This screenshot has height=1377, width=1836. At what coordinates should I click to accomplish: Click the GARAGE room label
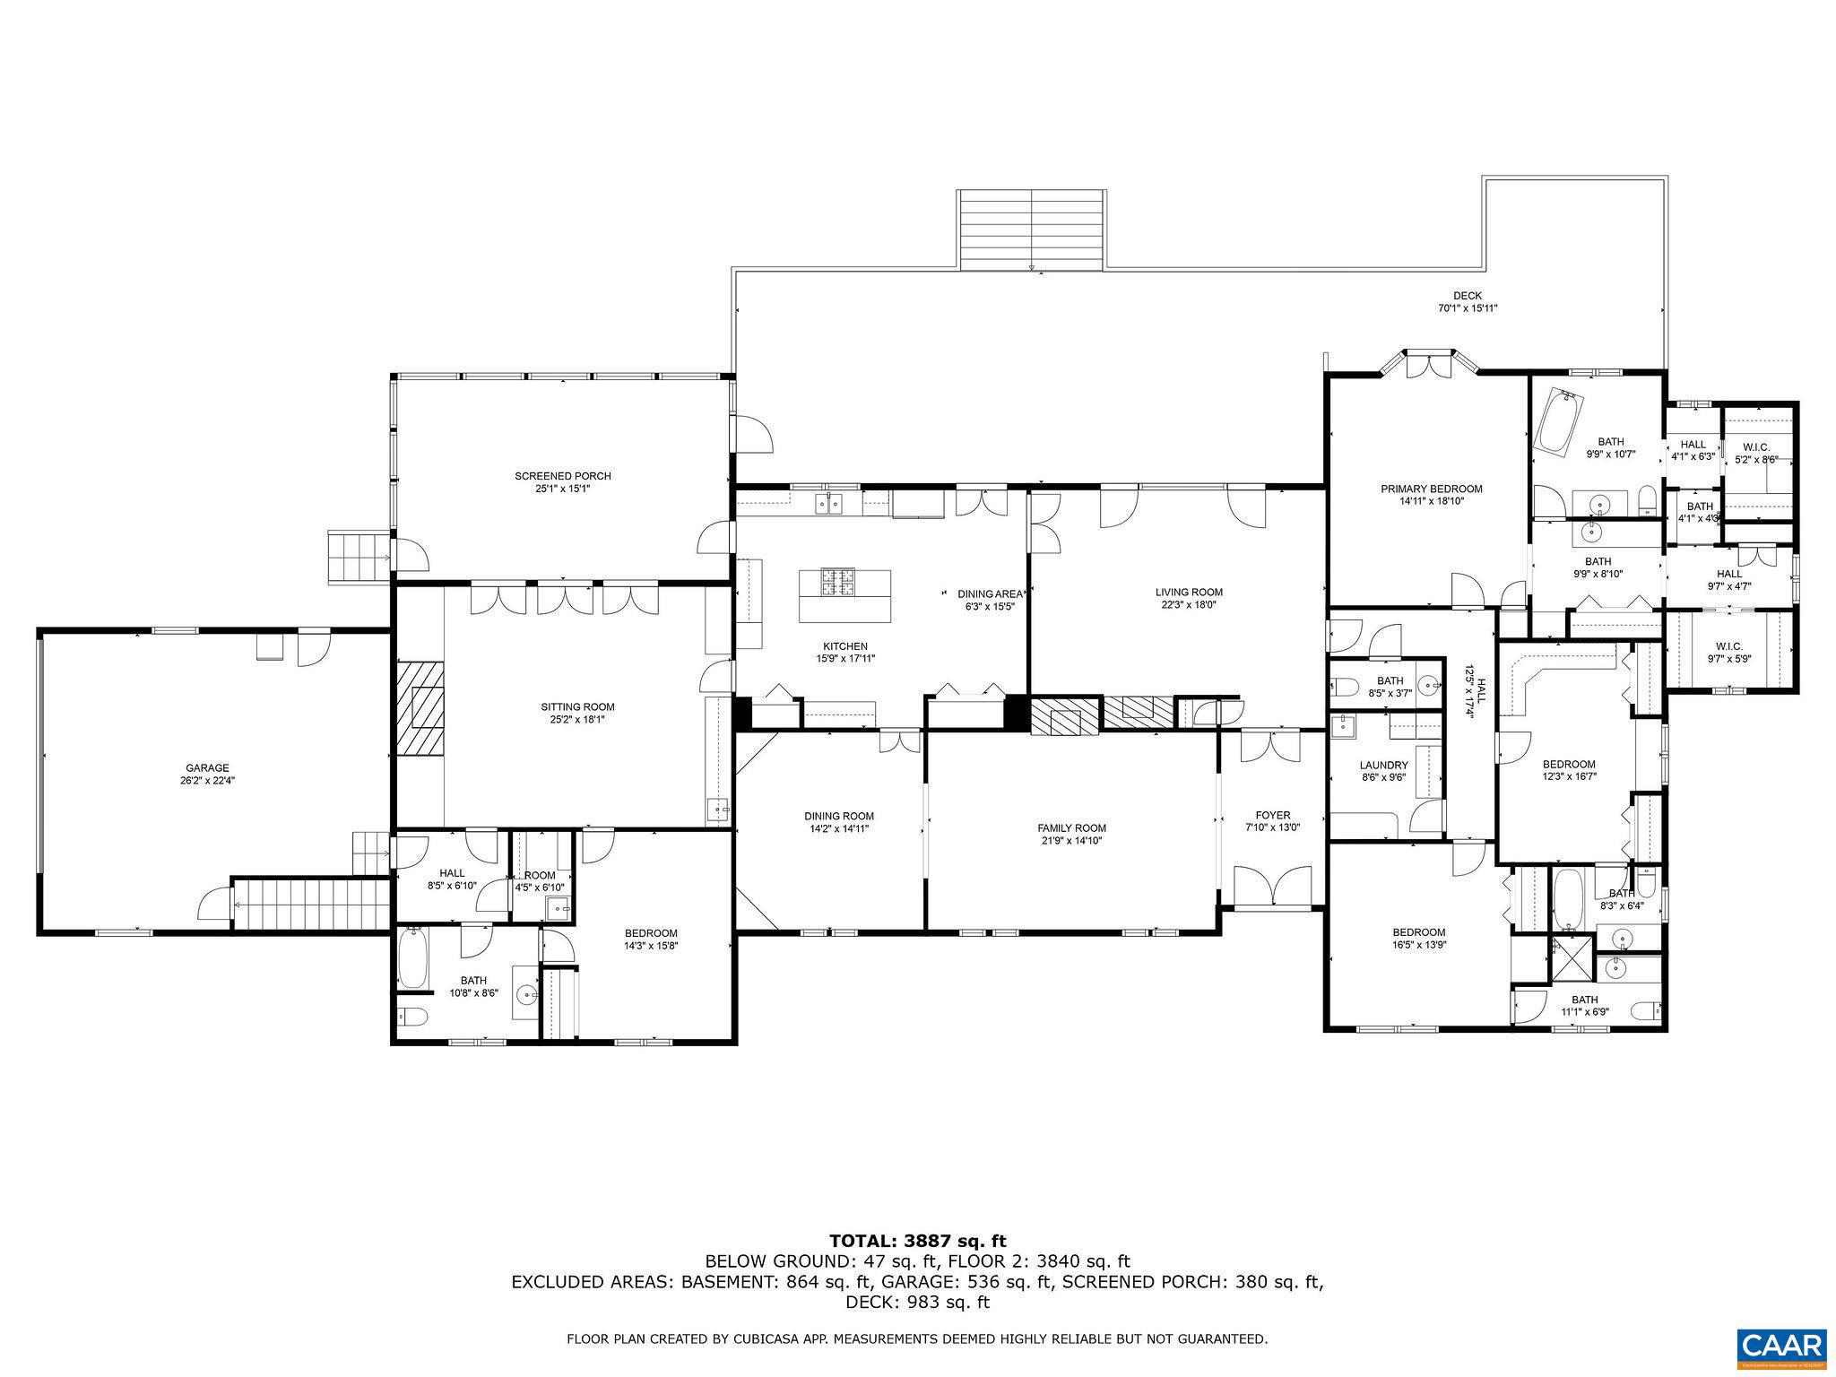(x=207, y=768)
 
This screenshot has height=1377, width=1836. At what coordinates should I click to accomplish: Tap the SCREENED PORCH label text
(x=563, y=476)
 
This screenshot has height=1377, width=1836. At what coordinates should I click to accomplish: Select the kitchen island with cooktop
(x=844, y=596)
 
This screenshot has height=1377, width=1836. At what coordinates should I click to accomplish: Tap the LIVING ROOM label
(x=1189, y=592)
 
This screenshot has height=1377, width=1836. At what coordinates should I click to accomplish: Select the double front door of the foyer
(x=1272, y=888)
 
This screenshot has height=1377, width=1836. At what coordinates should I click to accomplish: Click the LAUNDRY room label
(x=1383, y=766)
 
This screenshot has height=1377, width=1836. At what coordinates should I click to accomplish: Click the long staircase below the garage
(x=311, y=905)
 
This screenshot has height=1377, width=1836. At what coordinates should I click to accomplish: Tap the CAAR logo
(x=1781, y=1347)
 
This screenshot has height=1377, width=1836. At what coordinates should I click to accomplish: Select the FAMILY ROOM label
(x=1071, y=828)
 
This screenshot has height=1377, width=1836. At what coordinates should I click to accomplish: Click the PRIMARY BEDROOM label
(x=1431, y=489)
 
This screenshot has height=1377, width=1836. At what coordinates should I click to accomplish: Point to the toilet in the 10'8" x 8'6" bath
(x=411, y=1016)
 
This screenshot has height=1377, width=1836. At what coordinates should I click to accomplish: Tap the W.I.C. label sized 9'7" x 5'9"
(x=1728, y=646)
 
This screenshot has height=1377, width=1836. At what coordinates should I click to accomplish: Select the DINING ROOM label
(x=838, y=816)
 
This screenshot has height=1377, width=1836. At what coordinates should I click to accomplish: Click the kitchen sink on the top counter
(x=828, y=505)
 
